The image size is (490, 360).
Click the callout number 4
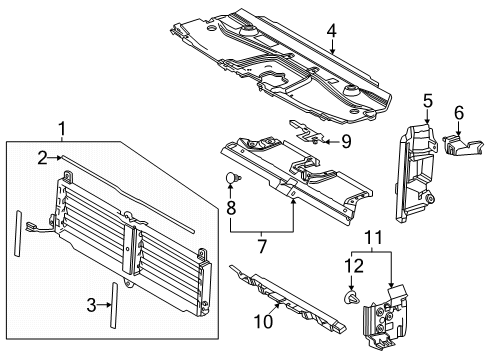pos(331,31)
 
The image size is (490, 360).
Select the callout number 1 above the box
pos(62,129)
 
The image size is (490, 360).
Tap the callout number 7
pos(262,247)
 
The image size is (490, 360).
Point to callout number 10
pos(263,322)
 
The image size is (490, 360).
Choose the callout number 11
pos(374,238)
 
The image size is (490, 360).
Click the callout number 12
pos(354,266)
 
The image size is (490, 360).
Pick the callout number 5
pos(428,101)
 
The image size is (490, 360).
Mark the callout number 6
pos(459,113)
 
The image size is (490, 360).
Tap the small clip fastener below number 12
pos(351,296)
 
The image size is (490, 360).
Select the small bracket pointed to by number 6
pos(463,145)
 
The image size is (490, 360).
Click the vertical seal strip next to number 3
pos(114,305)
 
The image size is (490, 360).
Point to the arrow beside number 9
pos(331,142)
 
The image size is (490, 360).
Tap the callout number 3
pos(91,305)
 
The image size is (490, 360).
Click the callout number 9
pos(346,141)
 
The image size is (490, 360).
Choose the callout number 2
pos(42,158)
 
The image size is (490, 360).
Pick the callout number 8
pos(231,208)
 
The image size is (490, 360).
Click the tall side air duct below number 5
pos(416,173)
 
